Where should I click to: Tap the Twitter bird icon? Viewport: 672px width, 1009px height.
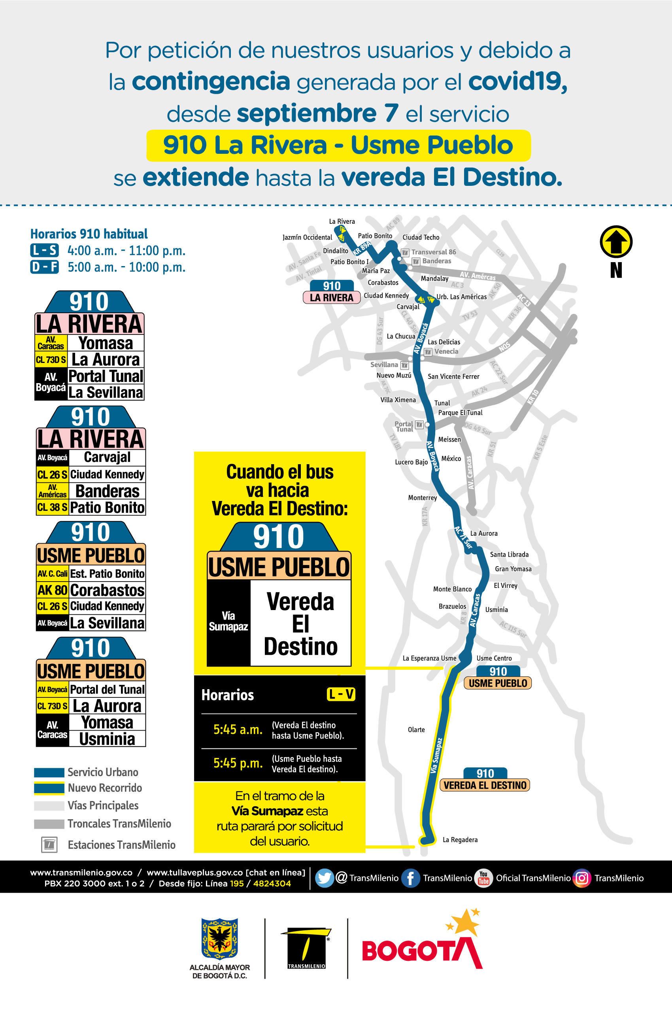pos(324,878)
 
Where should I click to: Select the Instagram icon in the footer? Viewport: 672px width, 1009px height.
pos(581,878)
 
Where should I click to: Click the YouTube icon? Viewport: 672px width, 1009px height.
pos(483,878)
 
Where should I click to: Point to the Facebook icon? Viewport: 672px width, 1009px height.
pos(410,878)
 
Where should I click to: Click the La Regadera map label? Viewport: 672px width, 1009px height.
pos(460,840)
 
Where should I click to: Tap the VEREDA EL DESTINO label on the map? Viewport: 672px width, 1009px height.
pos(485,785)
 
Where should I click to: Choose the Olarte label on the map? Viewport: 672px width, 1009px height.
pos(416,729)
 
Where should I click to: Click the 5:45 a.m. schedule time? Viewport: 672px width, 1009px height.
pos(238,729)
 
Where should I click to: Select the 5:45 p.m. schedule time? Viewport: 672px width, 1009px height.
pos(238,763)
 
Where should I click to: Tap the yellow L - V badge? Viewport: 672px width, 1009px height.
pos(341,694)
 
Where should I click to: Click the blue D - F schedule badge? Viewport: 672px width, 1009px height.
pos(44,267)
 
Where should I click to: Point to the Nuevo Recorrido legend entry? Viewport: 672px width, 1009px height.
pos(105,788)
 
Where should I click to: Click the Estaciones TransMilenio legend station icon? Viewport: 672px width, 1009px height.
pos(49,845)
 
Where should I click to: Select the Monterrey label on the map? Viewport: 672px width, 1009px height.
pos(422,498)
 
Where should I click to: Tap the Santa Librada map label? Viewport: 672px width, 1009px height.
pos(509,554)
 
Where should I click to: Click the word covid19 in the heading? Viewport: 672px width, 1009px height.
pos(518,81)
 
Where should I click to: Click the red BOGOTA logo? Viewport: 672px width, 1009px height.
pos(422,950)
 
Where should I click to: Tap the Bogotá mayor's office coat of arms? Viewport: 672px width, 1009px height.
pos(219,939)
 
